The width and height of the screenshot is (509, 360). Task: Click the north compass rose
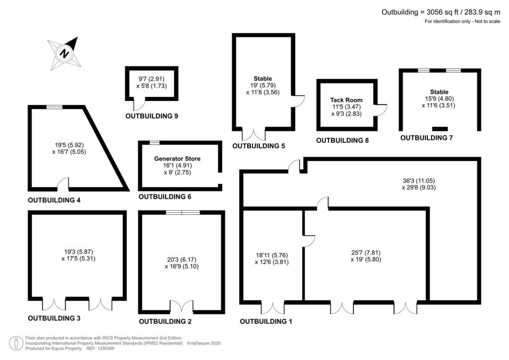[64, 52]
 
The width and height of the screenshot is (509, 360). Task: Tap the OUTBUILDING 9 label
[152, 116]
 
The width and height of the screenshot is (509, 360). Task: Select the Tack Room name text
[346, 100]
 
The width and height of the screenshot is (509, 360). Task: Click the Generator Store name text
[177, 159]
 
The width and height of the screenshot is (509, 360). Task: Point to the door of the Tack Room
[381, 109]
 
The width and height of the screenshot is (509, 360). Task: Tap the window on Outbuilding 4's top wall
[55, 107]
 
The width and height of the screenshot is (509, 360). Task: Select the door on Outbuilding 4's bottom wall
[63, 185]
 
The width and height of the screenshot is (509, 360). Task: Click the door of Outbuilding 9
[141, 103]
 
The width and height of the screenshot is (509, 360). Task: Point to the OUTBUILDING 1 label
[266, 322]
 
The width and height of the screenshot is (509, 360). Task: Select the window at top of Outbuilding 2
[182, 212]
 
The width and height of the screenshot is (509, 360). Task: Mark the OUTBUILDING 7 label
[426, 138]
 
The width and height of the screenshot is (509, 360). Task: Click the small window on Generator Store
[155, 143]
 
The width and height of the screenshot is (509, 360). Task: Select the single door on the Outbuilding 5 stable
[298, 101]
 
